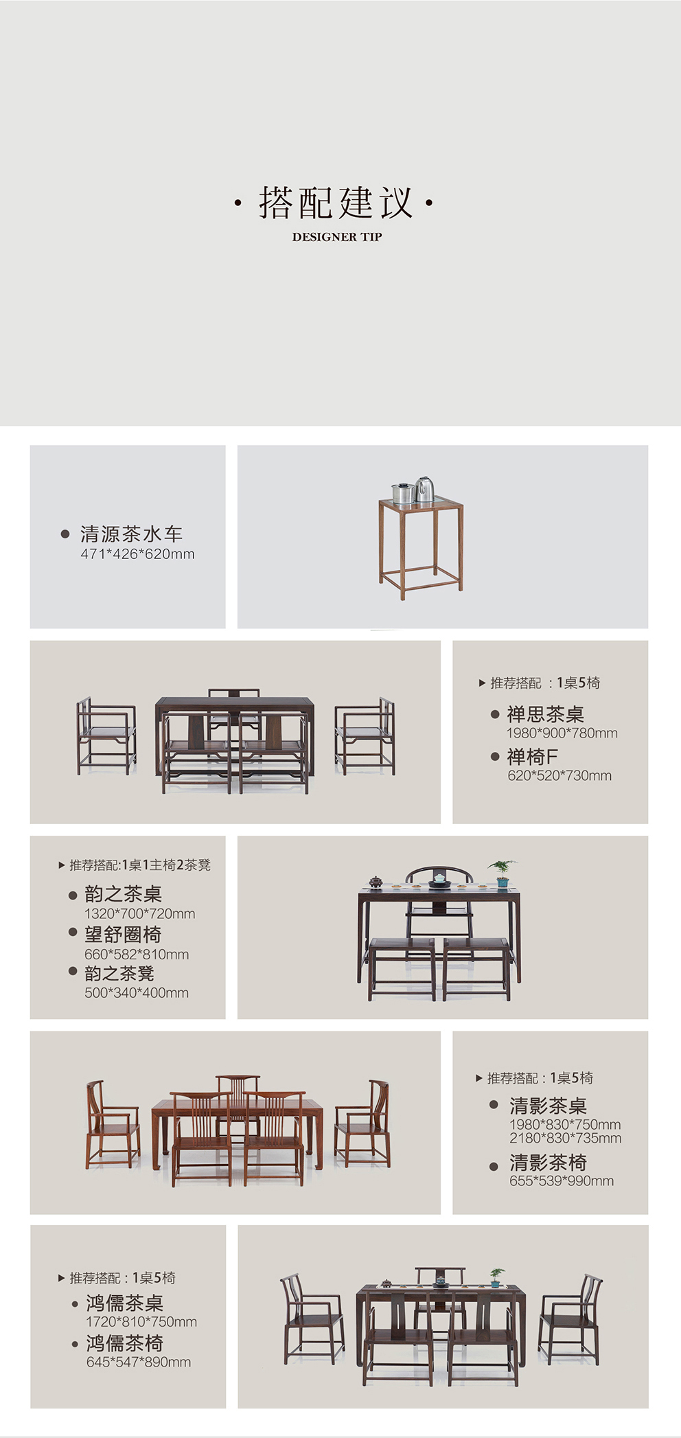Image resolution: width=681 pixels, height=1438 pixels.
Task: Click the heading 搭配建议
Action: (336, 203)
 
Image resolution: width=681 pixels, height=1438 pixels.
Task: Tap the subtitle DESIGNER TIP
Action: (336, 237)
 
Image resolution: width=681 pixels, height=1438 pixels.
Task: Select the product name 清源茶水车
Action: (131, 534)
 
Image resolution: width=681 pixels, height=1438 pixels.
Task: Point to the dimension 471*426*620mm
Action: (137, 554)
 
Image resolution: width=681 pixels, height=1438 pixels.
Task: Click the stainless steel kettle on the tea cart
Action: (425, 489)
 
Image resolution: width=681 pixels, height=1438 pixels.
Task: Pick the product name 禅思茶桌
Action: (545, 714)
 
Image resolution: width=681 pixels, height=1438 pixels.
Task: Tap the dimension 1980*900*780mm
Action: (562, 733)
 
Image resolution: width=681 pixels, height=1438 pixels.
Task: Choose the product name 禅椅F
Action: (532, 757)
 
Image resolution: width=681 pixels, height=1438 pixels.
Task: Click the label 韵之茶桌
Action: (123, 893)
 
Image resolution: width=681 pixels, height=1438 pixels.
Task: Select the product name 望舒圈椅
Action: (123, 934)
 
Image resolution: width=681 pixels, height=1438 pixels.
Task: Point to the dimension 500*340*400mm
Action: (137, 992)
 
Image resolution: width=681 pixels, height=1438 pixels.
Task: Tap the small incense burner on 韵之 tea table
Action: (376, 882)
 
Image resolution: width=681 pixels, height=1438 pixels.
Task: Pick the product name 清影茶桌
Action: (548, 1106)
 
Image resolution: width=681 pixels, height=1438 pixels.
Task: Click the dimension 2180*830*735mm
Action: (565, 1138)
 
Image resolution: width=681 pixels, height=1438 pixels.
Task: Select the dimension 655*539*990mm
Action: (562, 1180)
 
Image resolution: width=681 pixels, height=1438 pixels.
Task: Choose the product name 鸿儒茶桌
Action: (124, 1303)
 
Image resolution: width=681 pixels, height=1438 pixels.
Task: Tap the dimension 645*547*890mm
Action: (139, 1362)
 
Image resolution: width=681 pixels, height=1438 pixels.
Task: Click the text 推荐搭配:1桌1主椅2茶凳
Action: (135, 865)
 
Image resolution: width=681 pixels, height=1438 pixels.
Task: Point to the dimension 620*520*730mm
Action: (559, 775)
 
